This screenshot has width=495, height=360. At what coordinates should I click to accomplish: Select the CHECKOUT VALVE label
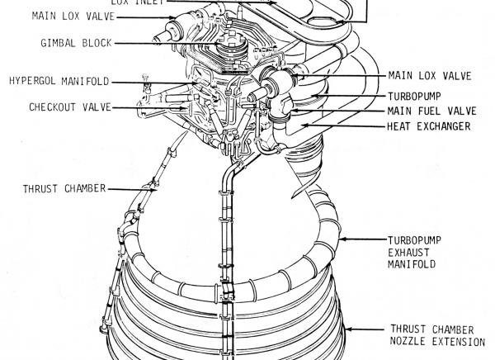click(x=65, y=107)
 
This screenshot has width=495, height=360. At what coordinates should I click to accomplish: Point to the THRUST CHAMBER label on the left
click(x=64, y=188)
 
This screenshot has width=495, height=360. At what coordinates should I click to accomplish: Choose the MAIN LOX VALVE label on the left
click(x=73, y=16)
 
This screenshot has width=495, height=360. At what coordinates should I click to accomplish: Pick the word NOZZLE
click(x=409, y=341)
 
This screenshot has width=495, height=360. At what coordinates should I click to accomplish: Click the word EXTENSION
click(x=457, y=341)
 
